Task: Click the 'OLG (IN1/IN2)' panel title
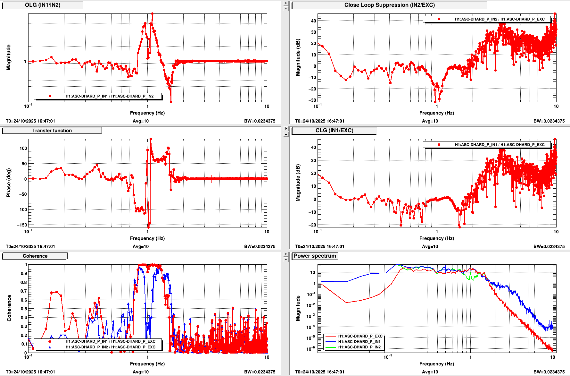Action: (43, 5)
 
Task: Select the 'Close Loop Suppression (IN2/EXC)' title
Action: (389, 5)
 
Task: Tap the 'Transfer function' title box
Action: (52, 131)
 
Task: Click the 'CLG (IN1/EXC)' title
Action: (334, 131)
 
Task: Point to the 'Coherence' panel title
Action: (35, 256)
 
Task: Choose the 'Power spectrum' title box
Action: (315, 256)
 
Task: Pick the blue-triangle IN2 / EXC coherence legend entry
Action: (110, 347)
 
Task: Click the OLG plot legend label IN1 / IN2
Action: (109, 96)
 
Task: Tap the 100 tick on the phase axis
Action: (23, 148)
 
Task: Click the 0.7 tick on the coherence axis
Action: (24, 291)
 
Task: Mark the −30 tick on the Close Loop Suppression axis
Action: (312, 100)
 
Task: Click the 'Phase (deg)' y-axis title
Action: (9, 183)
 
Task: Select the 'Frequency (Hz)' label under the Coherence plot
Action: (147, 364)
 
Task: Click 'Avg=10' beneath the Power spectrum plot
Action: (430, 372)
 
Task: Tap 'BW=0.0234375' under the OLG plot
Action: (260, 121)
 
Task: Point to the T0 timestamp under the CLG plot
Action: (319, 246)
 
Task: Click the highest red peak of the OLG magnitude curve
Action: (152, 14)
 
